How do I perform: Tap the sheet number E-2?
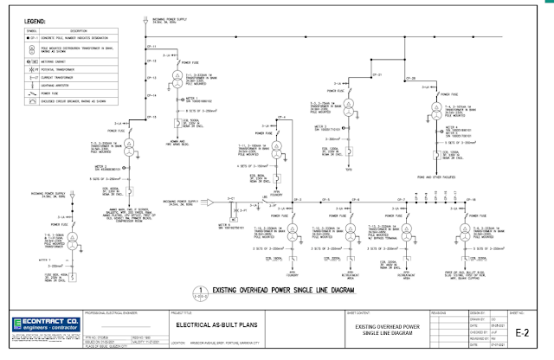(x=521, y=331)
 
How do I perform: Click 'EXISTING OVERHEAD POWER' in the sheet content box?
(x=394, y=325)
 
